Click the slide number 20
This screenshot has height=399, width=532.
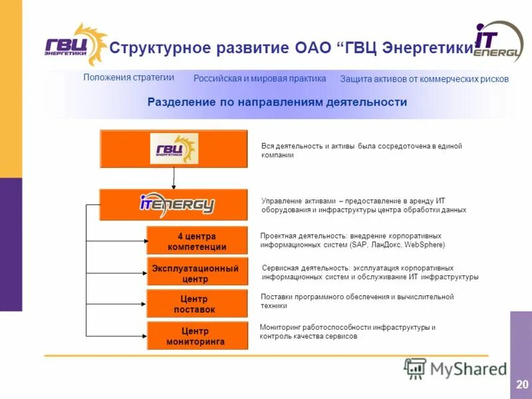(x=521, y=384)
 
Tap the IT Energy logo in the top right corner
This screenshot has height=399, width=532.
(x=497, y=43)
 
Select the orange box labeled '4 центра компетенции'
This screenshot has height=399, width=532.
(x=197, y=241)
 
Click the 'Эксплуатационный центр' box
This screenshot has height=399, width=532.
(x=197, y=273)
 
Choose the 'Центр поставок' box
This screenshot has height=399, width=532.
(x=197, y=304)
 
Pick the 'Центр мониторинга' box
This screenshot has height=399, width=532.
(x=197, y=336)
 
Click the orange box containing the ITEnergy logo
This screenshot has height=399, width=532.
(x=174, y=205)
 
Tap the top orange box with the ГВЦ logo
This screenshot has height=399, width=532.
(x=174, y=148)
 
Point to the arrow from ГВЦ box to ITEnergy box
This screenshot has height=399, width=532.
(x=174, y=178)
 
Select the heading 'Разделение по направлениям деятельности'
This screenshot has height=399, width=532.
(x=277, y=102)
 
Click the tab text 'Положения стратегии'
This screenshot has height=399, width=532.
(x=128, y=77)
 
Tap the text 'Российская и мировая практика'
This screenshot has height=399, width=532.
(x=259, y=78)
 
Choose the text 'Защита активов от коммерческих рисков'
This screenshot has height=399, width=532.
(x=424, y=79)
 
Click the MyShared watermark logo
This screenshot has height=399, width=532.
(x=456, y=368)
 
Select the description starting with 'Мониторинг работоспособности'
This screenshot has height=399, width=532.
(x=348, y=332)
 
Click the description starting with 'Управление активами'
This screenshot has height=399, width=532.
(x=363, y=205)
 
